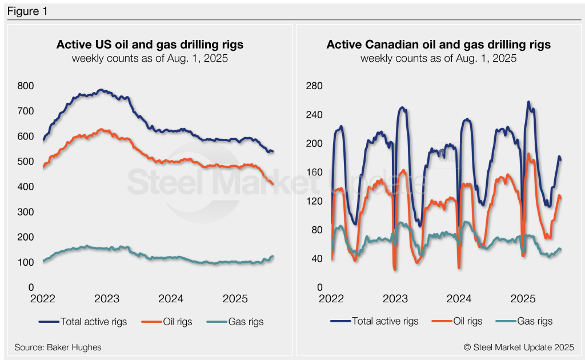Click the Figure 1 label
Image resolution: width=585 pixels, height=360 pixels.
coord(28,11)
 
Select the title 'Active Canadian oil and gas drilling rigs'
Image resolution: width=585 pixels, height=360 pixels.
coord(438,45)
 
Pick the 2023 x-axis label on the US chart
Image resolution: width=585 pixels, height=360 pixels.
coord(107,299)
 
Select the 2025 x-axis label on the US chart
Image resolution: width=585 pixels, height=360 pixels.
coord(235,299)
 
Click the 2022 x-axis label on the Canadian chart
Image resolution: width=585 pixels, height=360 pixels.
coord(331,299)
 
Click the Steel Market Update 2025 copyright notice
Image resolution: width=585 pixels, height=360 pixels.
coord(518,347)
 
